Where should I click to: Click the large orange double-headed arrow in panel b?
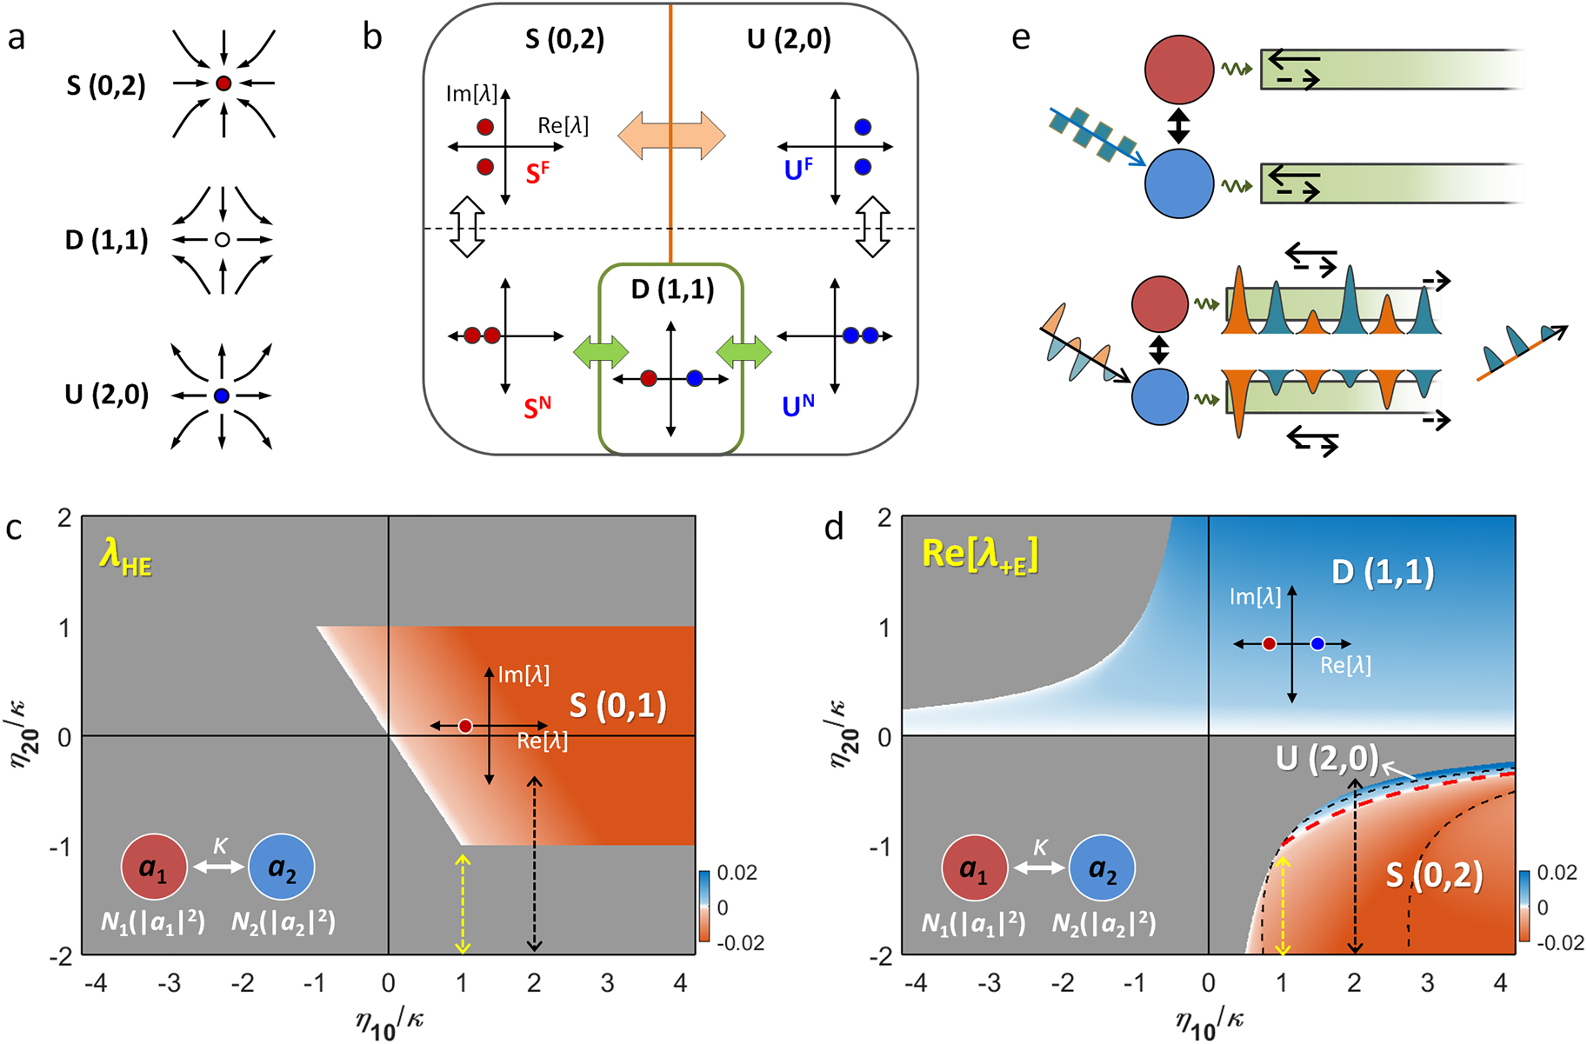pos(671,136)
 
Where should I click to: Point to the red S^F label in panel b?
pos(537,173)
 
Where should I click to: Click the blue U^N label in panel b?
pos(797,406)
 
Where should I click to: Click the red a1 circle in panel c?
pos(154,867)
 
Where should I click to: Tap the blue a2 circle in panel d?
pos(1102,868)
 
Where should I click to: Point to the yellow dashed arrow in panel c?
pos(463,904)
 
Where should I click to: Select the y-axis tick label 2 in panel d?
pos(884,518)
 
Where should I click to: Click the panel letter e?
pos(1021,38)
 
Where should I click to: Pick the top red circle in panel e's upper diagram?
pos(1178,70)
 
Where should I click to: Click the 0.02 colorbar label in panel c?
pos(738,873)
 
